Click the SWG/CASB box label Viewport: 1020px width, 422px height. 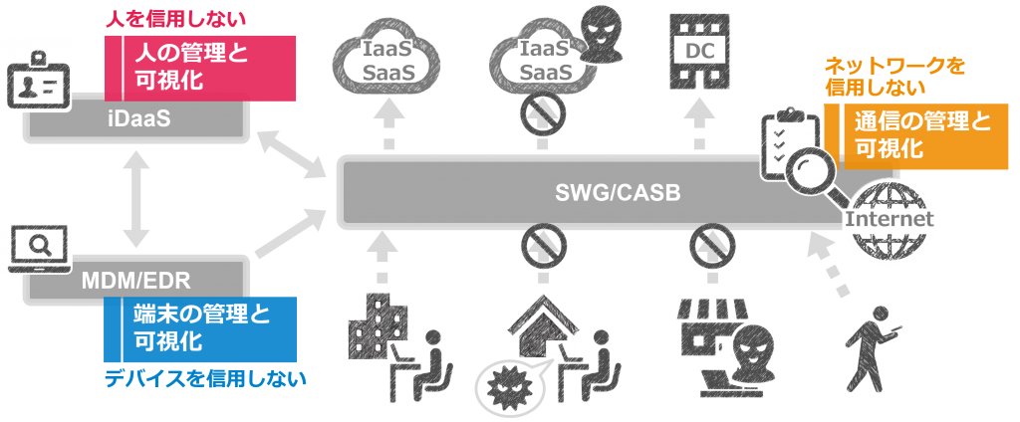[x=618, y=193]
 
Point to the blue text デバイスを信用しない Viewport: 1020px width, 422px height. [x=204, y=378]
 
